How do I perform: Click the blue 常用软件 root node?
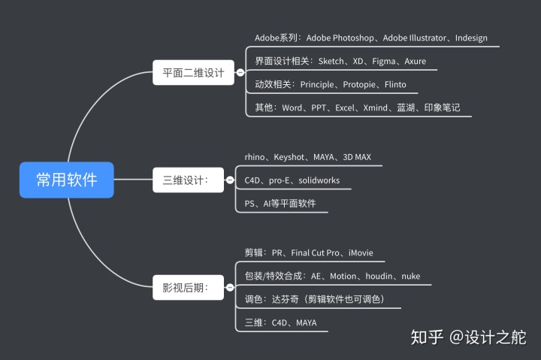coord(67,180)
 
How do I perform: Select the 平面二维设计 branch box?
coord(194,73)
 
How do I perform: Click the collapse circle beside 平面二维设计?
coord(240,73)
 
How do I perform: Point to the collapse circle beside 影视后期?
coord(230,287)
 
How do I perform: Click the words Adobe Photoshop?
coord(342,38)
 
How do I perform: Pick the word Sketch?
coord(323,61)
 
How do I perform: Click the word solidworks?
coord(319,180)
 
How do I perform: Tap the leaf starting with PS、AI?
coord(280,204)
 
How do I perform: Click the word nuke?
coord(410,276)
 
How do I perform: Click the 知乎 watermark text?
coord(427,337)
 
